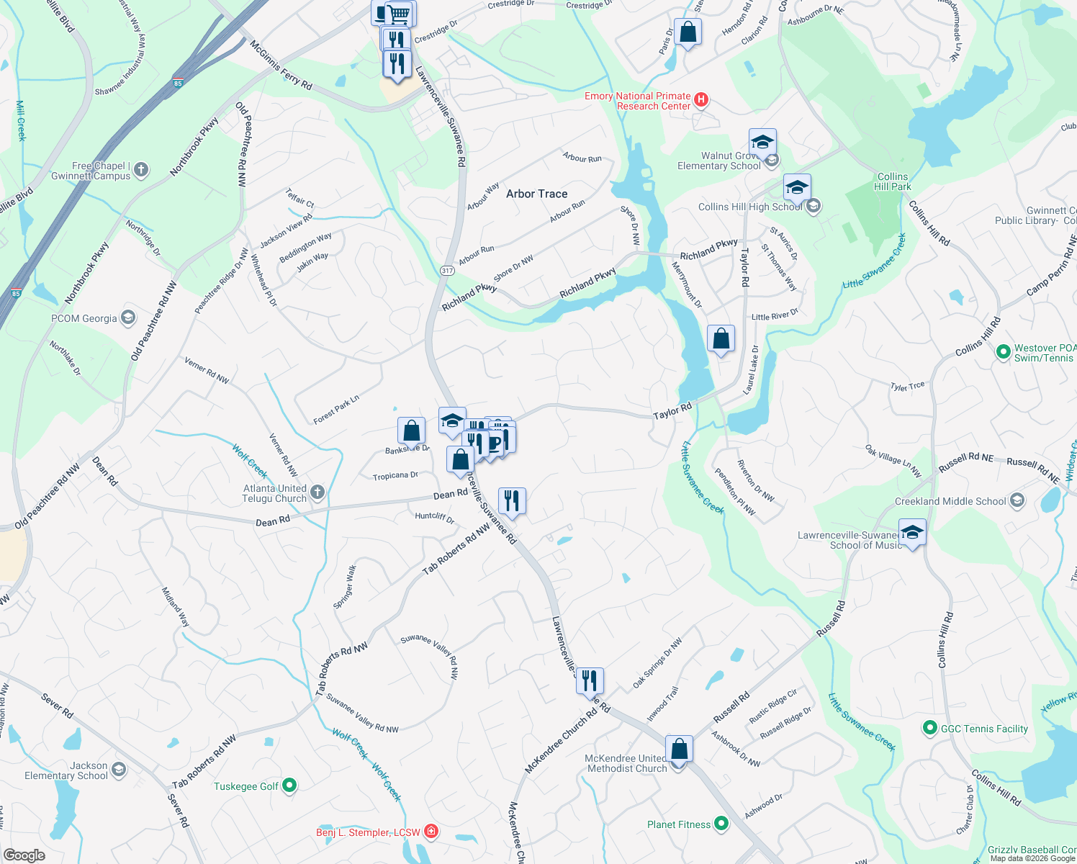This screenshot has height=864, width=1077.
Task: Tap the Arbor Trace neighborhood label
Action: click(x=536, y=194)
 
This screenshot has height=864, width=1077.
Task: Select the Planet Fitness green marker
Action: click(x=721, y=824)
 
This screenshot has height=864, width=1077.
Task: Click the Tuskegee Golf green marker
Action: click(x=289, y=786)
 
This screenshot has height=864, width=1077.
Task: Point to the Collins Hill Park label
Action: click(x=893, y=181)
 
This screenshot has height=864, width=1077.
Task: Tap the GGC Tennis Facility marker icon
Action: click(x=929, y=729)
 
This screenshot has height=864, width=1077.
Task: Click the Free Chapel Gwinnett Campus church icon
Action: click(x=141, y=170)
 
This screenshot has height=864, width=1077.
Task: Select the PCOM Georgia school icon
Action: click(x=128, y=318)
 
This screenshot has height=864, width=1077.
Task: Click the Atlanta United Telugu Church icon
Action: click(x=317, y=492)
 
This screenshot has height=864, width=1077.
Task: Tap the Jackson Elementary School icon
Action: click(x=119, y=770)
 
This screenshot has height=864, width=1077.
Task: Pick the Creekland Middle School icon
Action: click(x=1017, y=500)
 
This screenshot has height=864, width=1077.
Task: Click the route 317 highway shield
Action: click(x=447, y=271)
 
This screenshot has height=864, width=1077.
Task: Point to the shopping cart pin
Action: click(x=399, y=14)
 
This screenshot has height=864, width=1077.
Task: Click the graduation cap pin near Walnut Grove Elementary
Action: click(x=762, y=142)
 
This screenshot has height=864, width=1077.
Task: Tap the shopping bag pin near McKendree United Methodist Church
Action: click(x=679, y=750)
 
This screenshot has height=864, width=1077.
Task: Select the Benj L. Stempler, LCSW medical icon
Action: click(x=431, y=832)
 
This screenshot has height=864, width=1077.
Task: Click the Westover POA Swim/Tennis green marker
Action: click(x=1003, y=352)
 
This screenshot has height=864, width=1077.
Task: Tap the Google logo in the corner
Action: click(x=24, y=855)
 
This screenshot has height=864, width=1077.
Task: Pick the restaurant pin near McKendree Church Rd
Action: click(x=590, y=680)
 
